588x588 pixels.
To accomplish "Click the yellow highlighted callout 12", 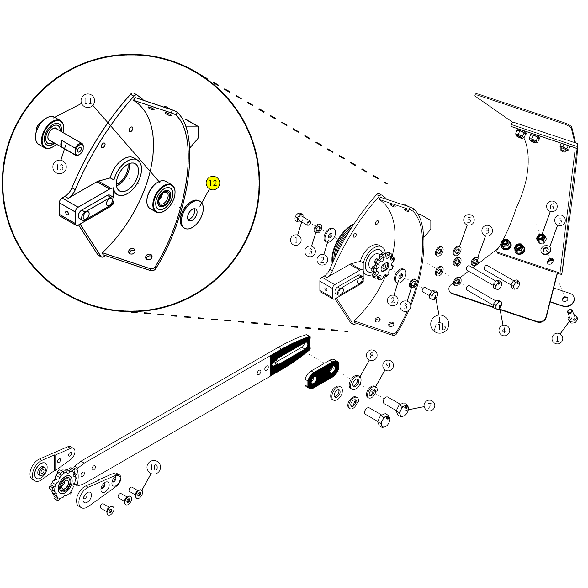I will click(213, 183).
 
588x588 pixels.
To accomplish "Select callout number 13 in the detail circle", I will click(59, 167).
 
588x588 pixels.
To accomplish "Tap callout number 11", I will click(88, 101).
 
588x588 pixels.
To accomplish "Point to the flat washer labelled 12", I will click(192, 214).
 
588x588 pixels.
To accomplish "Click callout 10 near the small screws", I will click(153, 468).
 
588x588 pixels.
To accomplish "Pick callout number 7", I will click(429, 405).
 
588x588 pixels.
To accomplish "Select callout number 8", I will click(372, 355).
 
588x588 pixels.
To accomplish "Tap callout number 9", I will click(388, 365).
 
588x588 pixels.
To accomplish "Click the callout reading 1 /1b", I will click(440, 323).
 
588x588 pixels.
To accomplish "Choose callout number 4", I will click(504, 330).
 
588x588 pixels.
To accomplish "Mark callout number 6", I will click(552, 206).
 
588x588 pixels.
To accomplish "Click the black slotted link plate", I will click(321, 374).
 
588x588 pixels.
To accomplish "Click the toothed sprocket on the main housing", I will click(383, 266).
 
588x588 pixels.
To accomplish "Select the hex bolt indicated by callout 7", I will click(396, 406).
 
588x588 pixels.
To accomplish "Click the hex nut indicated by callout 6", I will click(540, 238).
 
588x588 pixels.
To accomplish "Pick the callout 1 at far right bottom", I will click(557, 338).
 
